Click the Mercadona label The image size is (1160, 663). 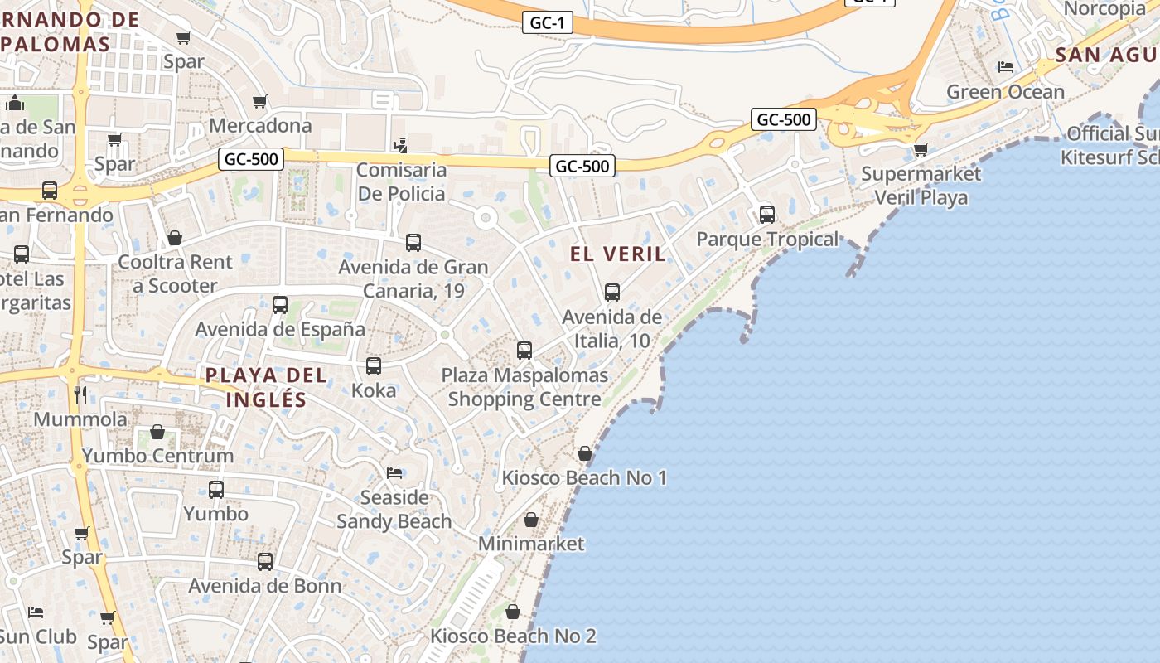[260, 125]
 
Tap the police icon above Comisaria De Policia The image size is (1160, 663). [401, 145]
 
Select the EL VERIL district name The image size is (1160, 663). [618, 254]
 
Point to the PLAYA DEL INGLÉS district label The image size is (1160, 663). [266, 387]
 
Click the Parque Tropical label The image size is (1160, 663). [767, 240]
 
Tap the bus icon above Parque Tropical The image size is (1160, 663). [767, 215]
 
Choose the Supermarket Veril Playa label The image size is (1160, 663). [921, 186]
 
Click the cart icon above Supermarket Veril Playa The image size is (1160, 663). [921, 150]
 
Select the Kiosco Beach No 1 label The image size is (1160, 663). [584, 477]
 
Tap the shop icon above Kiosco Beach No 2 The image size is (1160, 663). [513, 612]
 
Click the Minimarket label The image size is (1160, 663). [531, 544]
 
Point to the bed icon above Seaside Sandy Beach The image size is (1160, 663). [394, 473]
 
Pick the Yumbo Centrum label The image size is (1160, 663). [157, 455]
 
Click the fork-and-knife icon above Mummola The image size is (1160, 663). [80, 394]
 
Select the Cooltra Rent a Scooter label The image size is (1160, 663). [176, 273]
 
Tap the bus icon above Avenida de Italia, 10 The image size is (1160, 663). [612, 293]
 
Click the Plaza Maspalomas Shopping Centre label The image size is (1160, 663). [524, 387]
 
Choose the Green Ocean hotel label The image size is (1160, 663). [1005, 92]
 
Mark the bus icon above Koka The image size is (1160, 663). [374, 366]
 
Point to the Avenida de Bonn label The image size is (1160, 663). [265, 586]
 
